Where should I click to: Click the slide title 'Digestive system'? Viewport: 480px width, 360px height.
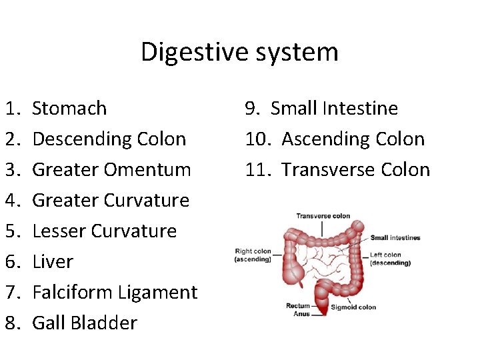(x=239, y=52)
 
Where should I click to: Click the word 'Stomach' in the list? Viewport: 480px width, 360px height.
(x=69, y=108)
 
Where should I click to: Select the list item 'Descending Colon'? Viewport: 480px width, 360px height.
(x=109, y=139)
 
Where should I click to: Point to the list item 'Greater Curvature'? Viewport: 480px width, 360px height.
(x=111, y=200)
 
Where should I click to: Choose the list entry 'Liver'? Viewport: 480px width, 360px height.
(x=52, y=261)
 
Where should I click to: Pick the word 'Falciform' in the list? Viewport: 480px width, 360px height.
(x=72, y=292)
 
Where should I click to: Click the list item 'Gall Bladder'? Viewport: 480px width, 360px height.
(x=85, y=323)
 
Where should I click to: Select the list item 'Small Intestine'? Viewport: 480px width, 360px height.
(x=334, y=108)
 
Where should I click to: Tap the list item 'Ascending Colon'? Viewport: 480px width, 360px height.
(x=353, y=139)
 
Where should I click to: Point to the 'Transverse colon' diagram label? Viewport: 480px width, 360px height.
(x=323, y=216)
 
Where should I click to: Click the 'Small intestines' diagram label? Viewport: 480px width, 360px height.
(x=395, y=238)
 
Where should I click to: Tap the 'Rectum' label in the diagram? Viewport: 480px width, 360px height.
(x=298, y=306)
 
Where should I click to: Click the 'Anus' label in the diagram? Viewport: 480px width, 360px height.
(x=302, y=313)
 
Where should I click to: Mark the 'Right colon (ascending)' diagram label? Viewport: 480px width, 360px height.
(x=253, y=255)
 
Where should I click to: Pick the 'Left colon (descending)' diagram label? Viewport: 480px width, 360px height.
(x=389, y=259)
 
